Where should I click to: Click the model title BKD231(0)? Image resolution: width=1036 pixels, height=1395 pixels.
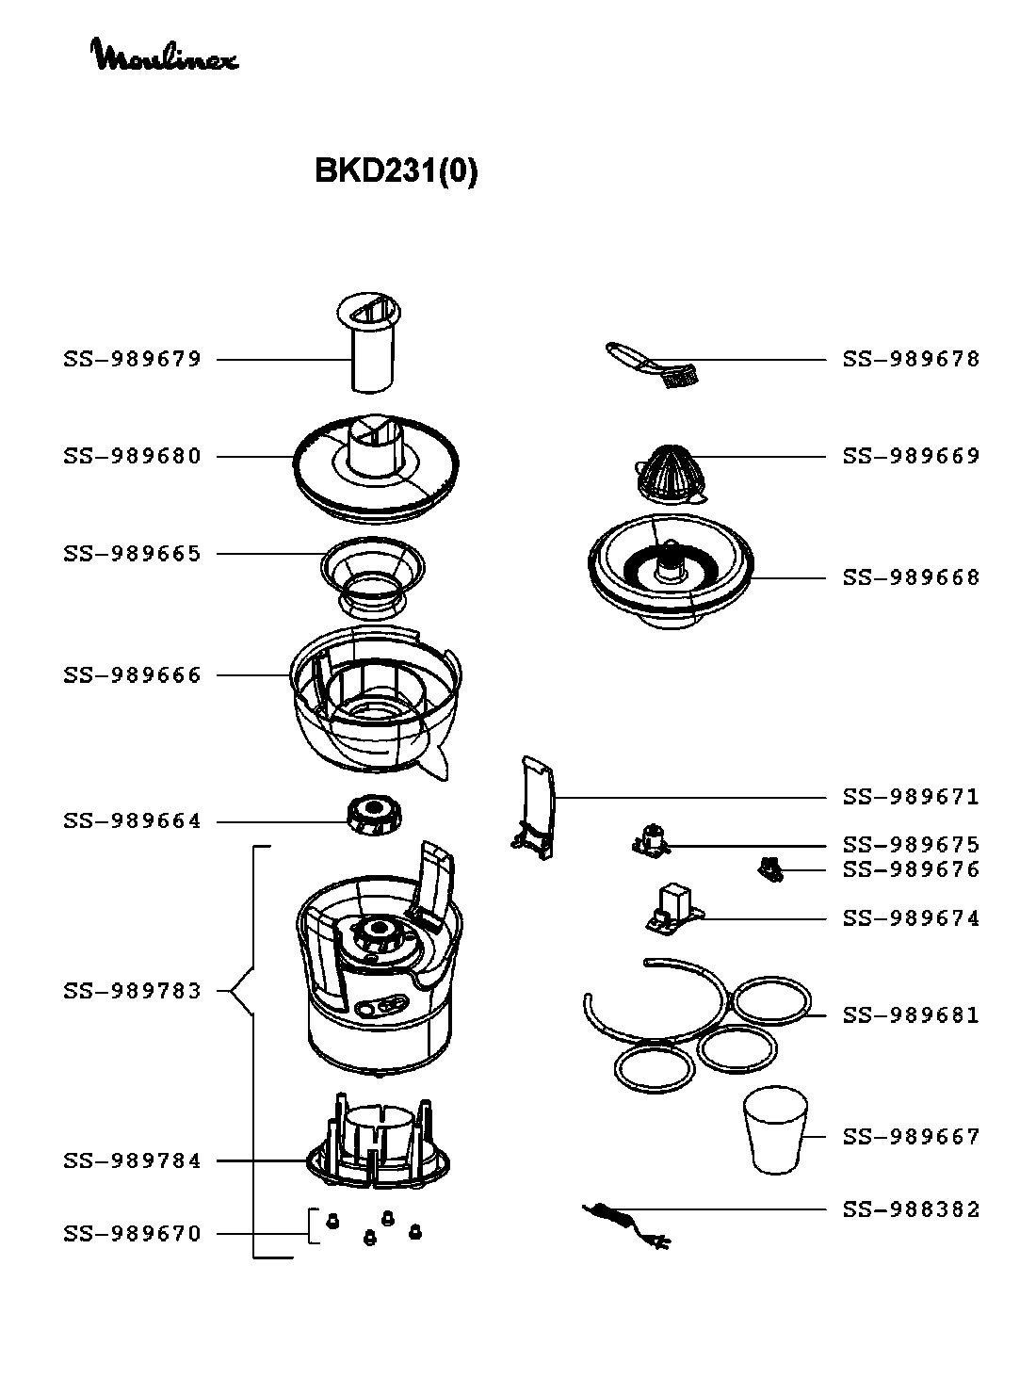[x=396, y=171]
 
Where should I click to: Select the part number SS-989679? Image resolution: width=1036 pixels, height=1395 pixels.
[x=133, y=359]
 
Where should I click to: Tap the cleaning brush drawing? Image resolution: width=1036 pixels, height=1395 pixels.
[x=656, y=366]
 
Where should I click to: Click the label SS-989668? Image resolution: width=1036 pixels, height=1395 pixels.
[x=911, y=577]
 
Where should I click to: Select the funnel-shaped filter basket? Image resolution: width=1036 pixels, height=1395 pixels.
[x=373, y=575]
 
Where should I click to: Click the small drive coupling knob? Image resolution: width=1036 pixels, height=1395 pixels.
[x=374, y=814]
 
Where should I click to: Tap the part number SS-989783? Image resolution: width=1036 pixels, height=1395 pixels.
[x=133, y=991]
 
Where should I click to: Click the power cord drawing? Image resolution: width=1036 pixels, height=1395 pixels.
[x=625, y=1224]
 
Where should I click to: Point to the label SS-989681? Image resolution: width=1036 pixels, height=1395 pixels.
[x=911, y=1015]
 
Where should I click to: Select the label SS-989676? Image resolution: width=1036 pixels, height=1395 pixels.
[x=911, y=869]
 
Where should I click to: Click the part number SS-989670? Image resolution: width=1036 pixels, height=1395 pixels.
[x=133, y=1234]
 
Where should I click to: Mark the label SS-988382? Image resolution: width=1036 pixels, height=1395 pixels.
[x=911, y=1209]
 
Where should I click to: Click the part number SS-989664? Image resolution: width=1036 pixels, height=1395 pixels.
[x=133, y=821]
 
